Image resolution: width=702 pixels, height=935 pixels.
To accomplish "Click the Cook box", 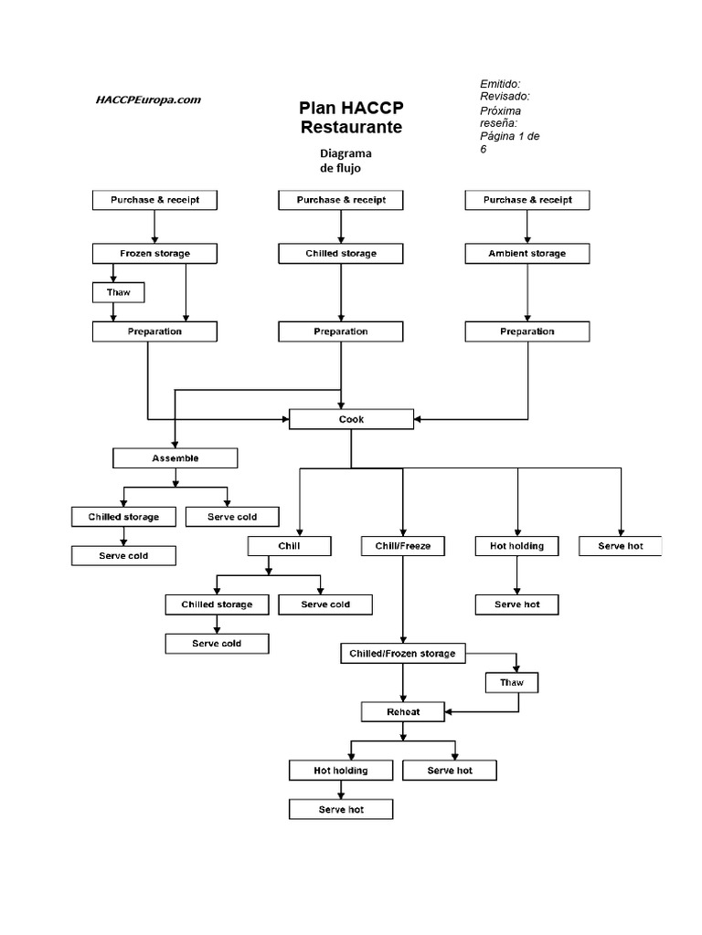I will tap(351, 419).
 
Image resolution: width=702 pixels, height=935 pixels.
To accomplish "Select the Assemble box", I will tap(175, 457).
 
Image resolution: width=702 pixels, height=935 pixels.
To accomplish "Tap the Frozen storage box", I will tap(154, 253).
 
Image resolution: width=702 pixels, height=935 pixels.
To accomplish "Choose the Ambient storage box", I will tap(527, 253).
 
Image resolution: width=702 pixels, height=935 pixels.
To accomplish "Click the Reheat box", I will tap(403, 711).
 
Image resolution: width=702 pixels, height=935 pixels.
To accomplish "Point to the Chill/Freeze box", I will tap(403, 546).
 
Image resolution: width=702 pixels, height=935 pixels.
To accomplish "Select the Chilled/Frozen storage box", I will tap(403, 654).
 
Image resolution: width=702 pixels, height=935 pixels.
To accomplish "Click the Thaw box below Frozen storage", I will tap(119, 292).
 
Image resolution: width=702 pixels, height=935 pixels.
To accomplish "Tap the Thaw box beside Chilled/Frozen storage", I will tap(512, 683).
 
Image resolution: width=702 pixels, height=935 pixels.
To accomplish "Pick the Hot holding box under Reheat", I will tap(341, 770).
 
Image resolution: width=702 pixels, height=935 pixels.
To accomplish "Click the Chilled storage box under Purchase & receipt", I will tap(341, 253).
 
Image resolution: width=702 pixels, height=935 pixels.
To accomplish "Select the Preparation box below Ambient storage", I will tap(527, 331).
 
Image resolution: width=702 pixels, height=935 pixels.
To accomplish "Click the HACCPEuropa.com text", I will tap(148, 100).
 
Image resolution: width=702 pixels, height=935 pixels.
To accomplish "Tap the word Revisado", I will tap(505, 96).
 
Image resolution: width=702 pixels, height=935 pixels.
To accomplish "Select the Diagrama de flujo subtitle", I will tap(345, 161).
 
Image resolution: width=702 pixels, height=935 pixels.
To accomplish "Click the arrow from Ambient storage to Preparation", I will tap(527, 292).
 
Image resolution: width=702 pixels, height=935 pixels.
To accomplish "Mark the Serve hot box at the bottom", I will tap(341, 809).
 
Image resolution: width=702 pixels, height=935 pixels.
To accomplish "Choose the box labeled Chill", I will tap(289, 546).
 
